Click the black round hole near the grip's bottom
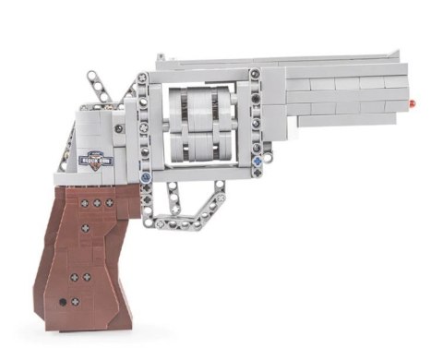tap(64, 302)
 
